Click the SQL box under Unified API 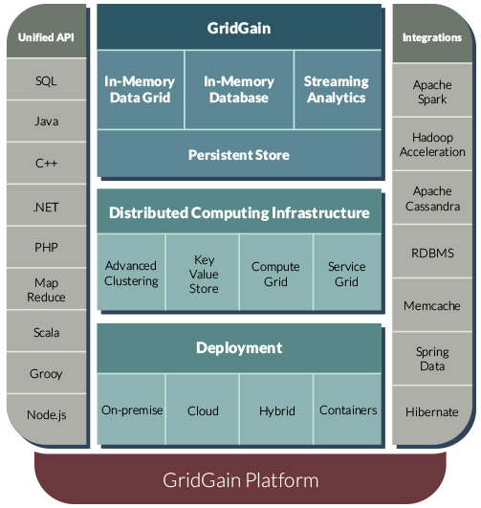(46, 79)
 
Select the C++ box (46, 163)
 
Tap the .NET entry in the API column (46, 206)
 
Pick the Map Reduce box (46, 289)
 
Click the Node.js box (46, 419)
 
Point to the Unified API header (46, 32)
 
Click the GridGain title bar (239, 27)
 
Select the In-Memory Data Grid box (141, 90)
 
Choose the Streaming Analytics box (338, 90)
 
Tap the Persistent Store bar (239, 153)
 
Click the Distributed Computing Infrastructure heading (239, 211)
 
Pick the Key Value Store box (203, 272)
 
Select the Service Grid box (347, 272)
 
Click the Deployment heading (239, 348)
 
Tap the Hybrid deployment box (276, 409)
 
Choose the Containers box (347, 409)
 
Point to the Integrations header (432, 33)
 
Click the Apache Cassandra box (432, 198)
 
